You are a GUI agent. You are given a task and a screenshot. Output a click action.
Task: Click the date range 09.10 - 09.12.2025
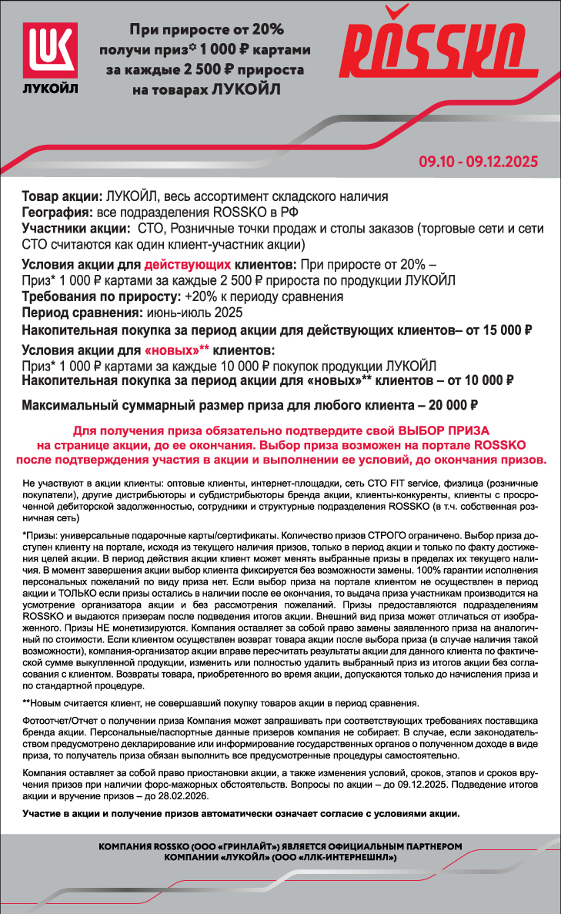coord(478,162)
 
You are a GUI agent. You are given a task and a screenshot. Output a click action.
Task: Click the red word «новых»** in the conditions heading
coord(177,351)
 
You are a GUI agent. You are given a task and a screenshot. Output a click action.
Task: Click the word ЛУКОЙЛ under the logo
coord(52,87)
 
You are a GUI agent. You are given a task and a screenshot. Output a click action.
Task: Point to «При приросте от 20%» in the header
coord(206,29)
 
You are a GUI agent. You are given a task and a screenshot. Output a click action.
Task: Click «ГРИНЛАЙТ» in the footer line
coord(254,846)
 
